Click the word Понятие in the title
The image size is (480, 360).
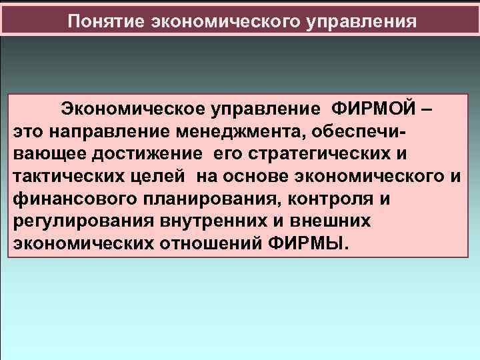coord(106,21)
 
